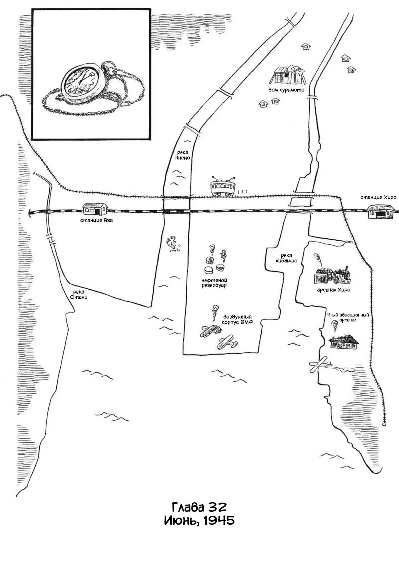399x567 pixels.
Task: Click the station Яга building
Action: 95,209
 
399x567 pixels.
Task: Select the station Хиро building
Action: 380,211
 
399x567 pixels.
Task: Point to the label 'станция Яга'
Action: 95,220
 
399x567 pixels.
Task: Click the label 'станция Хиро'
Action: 378,197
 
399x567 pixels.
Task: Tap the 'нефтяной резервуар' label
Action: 214,283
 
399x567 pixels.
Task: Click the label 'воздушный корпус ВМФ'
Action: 237,319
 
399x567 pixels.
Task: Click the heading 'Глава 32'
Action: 199,506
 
